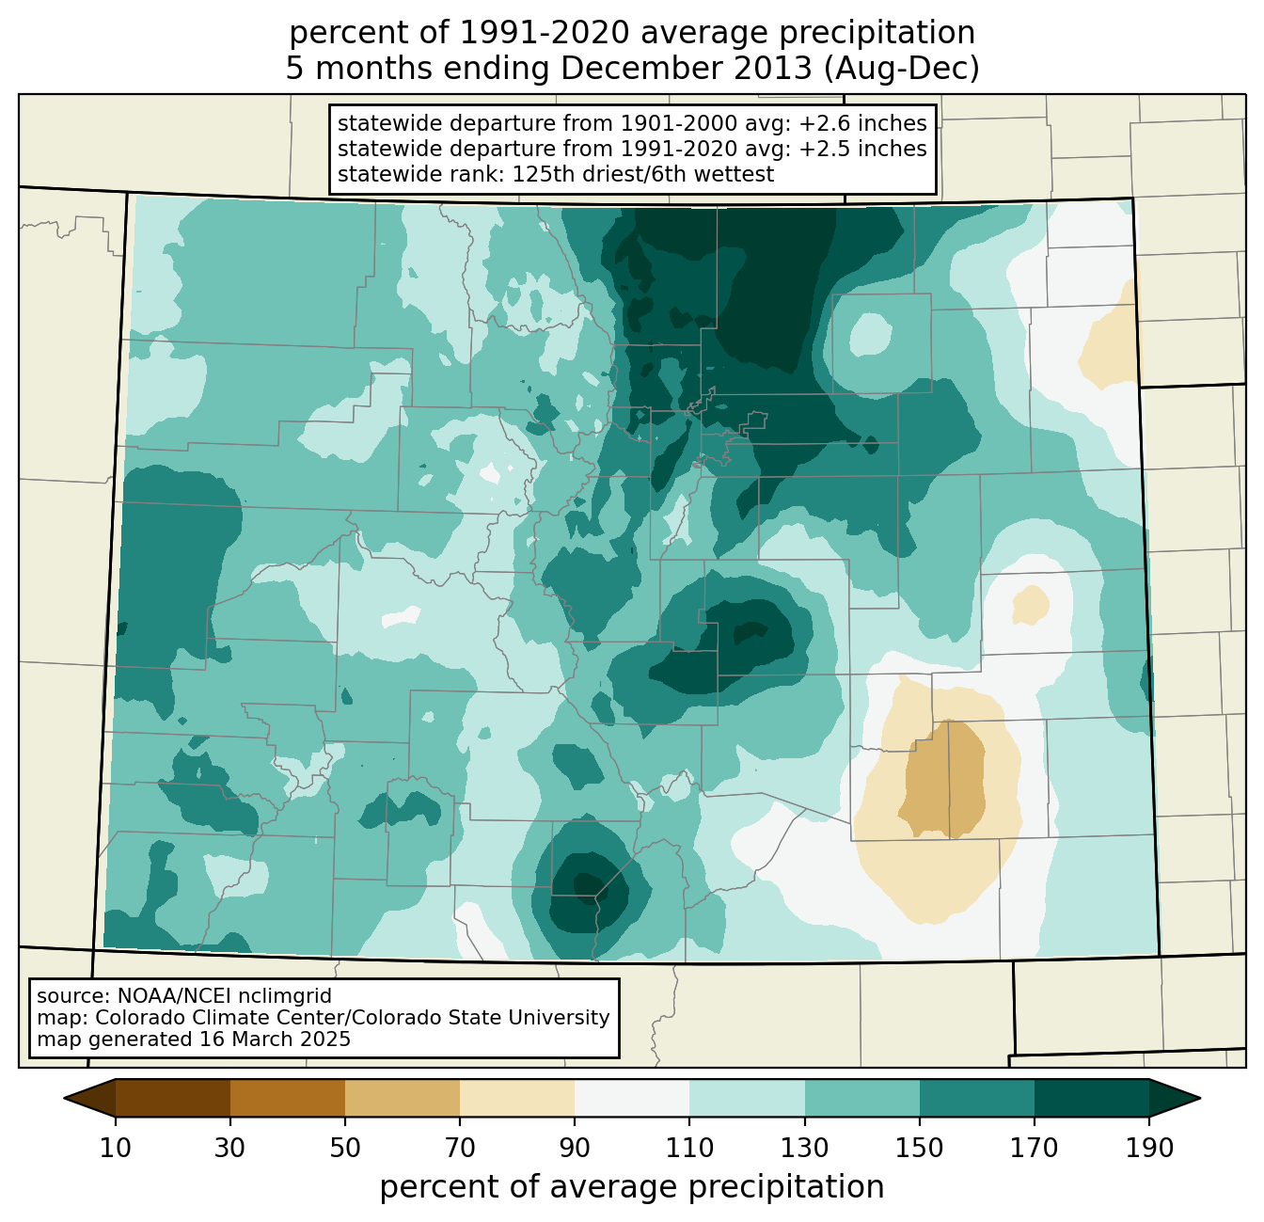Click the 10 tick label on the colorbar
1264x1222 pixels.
pos(115,1148)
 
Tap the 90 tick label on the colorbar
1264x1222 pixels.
pos(575,1148)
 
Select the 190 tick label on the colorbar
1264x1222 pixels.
pos(1149,1148)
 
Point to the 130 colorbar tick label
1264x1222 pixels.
pos(804,1148)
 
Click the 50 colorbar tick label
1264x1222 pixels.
pos(345,1148)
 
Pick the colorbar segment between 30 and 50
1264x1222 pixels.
pos(288,1098)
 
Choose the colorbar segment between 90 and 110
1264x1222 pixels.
pos(632,1098)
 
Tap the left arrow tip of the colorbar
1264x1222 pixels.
pos(64,1098)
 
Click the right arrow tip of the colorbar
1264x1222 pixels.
pos(1200,1098)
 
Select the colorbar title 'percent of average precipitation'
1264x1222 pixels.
pos(631,1187)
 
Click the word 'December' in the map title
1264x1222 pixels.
pos(686,69)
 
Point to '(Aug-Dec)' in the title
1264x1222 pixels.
pos(901,70)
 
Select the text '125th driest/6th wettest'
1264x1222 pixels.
pos(643,174)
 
